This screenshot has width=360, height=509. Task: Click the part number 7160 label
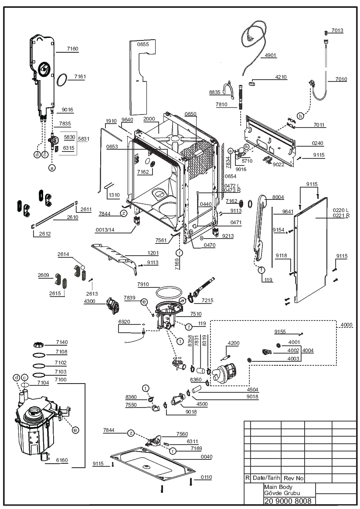pyautogui.click(x=72, y=49)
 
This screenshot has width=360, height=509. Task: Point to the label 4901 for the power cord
pyautogui.click(x=270, y=55)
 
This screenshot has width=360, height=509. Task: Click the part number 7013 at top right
pyautogui.click(x=337, y=30)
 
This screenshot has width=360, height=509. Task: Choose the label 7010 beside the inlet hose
pyautogui.click(x=341, y=79)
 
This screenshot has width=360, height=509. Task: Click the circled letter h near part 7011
pyautogui.click(x=300, y=116)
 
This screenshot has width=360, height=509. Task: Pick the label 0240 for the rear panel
pyautogui.click(x=317, y=143)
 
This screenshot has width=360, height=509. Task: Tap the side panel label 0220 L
pyautogui.click(x=340, y=210)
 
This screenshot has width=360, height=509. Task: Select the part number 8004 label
pyautogui.click(x=278, y=197)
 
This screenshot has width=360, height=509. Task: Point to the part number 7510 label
pyautogui.click(x=196, y=314)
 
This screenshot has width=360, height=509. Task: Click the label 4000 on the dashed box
pyautogui.click(x=346, y=325)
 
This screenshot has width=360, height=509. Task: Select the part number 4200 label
pyautogui.click(x=234, y=343)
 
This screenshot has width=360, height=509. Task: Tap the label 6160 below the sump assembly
pyautogui.click(x=62, y=460)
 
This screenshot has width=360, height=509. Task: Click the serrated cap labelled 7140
pyautogui.click(x=38, y=344)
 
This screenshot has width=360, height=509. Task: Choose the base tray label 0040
pyautogui.click(x=206, y=457)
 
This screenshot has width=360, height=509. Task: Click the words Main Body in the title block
pyautogui.click(x=278, y=487)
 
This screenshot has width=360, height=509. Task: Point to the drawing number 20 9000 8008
pyautogui.click(x=288, y=501)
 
